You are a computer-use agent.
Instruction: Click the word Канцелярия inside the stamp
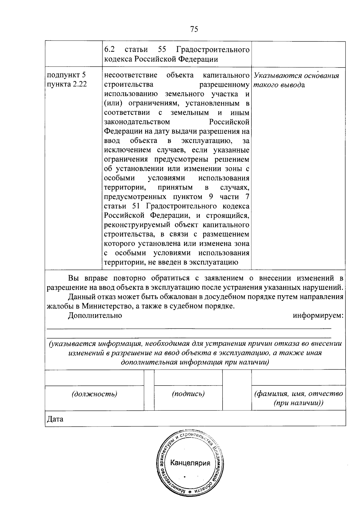[x=190, y=463]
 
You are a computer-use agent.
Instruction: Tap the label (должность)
[x=94, y=394]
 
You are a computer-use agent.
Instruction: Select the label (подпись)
[x=188, y=394]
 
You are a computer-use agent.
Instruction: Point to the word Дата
[x=55, y=419]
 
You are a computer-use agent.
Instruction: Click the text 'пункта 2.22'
[x=66, y=84]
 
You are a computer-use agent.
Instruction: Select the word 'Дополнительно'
[x=95, y=315]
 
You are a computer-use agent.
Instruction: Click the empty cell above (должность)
[x=94, y=377]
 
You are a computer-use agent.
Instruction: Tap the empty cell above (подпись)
[x=188, y=377]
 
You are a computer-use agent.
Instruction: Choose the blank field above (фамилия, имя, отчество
[x=298, y=377]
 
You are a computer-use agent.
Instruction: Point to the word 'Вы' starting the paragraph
[x=73, y=278]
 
